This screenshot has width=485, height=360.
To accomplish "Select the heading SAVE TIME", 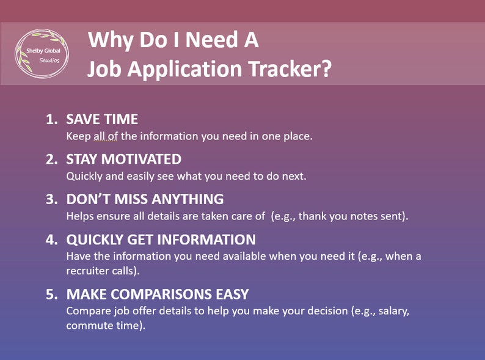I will [102, 119].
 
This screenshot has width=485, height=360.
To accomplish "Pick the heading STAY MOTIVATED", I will [123, 159].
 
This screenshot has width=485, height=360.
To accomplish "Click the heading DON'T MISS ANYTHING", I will [145, 199].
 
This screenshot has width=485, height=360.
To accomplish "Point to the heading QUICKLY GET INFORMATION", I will [161, 239].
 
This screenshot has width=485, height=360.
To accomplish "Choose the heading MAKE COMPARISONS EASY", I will [157, 294].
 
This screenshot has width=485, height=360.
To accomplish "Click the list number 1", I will [51, 119].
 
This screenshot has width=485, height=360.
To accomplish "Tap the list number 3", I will [51, 199].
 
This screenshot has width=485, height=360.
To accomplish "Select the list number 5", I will [51, 294].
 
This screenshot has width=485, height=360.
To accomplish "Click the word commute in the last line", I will [87, 326].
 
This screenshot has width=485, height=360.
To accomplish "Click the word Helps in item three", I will [79, 216].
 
